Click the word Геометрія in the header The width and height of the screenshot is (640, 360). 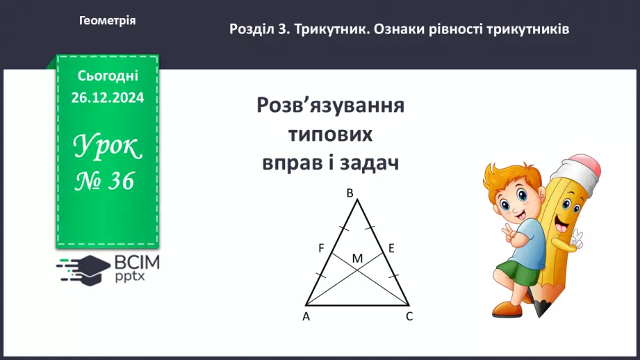(108, 21)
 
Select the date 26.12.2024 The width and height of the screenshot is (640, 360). (107, 98)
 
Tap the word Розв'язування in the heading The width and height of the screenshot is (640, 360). (331, 106)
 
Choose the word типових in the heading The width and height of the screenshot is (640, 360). (330, 135)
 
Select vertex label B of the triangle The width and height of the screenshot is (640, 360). (350, 193)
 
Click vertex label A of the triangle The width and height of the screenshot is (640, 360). (306, 316)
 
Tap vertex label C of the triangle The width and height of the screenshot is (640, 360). (409, 316)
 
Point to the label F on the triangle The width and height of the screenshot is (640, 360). (321, 247)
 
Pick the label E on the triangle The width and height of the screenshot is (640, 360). (391, 247)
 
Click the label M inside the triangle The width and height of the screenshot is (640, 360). (357, 259)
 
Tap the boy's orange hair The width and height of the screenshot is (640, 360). (514, 174)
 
